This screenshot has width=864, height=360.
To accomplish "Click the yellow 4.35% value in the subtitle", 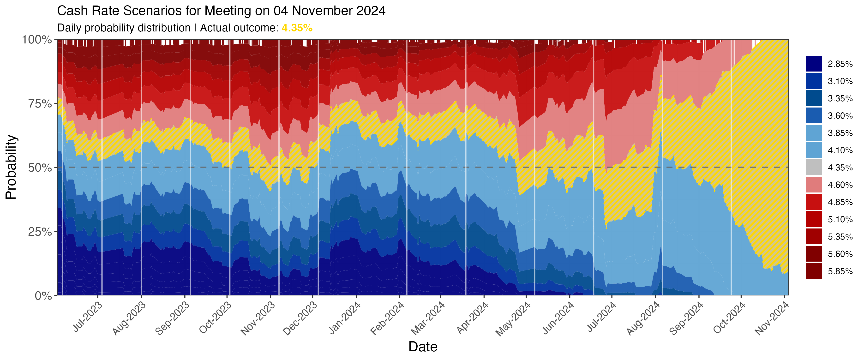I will click(297, 28).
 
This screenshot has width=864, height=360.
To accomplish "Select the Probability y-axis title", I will click(11, 167).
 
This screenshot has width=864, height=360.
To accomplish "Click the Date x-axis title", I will click(423, 347).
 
